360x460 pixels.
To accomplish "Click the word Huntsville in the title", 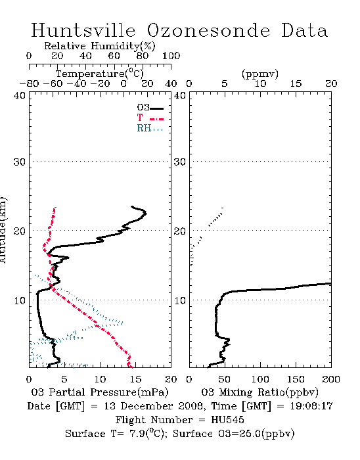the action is click(x=83, y=30).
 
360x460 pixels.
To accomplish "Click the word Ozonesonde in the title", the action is click(x=208, y=30).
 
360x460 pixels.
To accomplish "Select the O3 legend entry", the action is click(x=150, y=108).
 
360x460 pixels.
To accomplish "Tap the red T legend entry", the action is click(x=150, y=118).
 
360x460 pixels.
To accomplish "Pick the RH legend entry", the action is click(x=150, y=128).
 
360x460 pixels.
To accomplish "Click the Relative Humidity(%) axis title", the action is click(x=100, y=46).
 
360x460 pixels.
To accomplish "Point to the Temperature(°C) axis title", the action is click(x=100, y=74).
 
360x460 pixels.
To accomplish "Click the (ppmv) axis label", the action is click(x=259, y=74).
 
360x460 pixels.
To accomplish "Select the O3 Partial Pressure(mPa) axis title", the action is click(x=100, y=392).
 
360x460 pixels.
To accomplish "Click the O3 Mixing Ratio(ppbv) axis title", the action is click(x=259, y=392).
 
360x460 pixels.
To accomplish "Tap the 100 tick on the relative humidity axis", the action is click(x=171, y=56).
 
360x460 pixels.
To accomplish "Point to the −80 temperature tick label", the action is click(x=29, y=84).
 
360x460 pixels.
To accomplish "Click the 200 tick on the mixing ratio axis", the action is click(x=331, y=379).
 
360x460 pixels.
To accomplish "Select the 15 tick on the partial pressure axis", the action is click(x=135, y=379).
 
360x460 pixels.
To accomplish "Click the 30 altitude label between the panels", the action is click(x=180, y=162).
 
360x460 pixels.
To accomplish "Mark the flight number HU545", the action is click(x=227, y=420).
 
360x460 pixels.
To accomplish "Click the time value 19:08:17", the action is click(x=311, y=406).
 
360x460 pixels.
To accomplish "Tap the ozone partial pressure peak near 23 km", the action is click(x=146, y=214).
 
